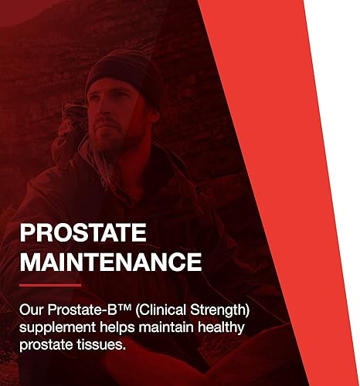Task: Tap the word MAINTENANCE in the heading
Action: [x=110, y=261]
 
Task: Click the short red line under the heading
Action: [x=50, y=285]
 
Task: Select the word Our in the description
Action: [x=33, y=310]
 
